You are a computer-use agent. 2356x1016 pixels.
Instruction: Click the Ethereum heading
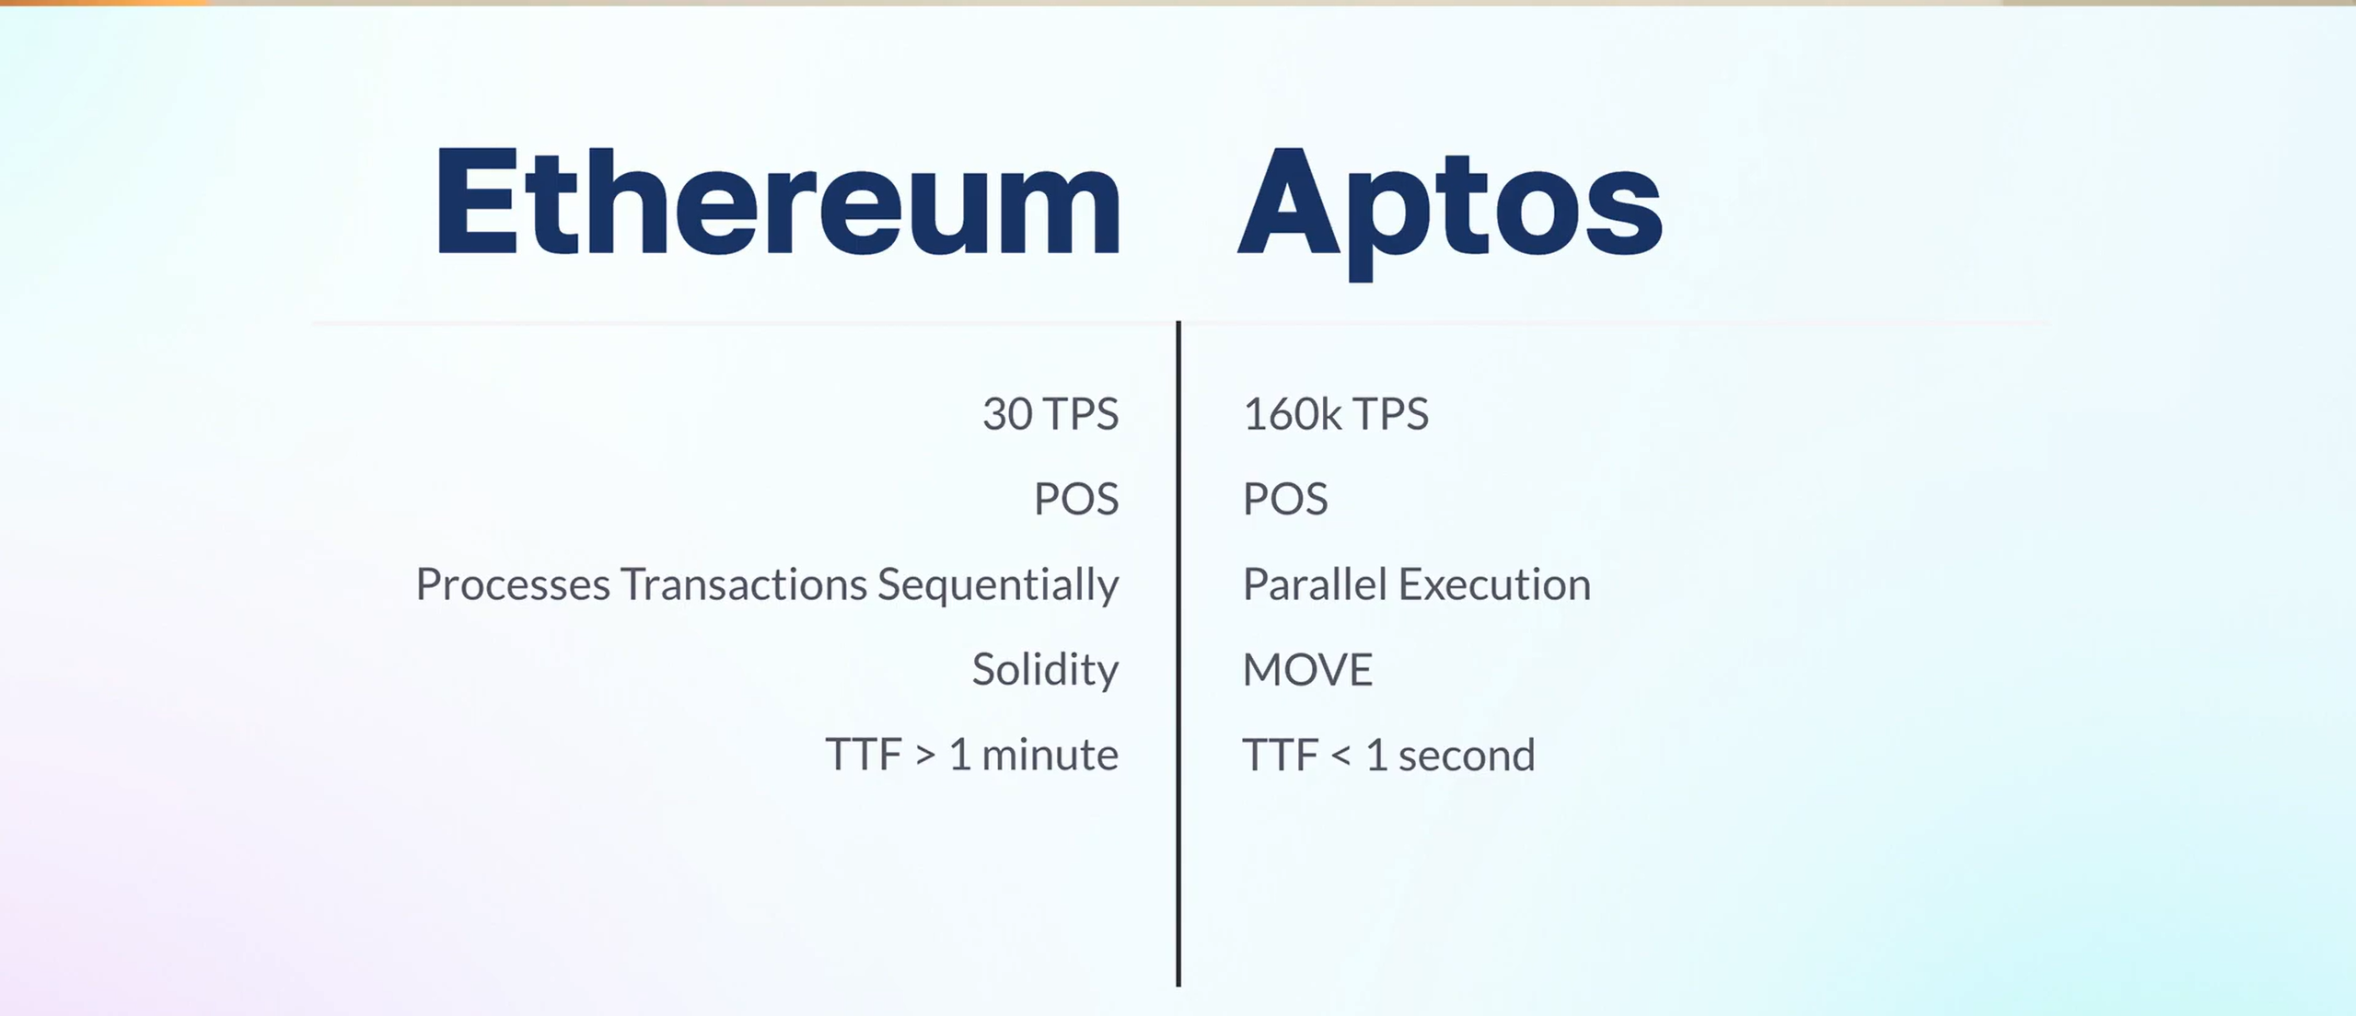(x=778, y=200)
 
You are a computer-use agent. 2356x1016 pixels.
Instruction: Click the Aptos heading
(x=1450, y=212)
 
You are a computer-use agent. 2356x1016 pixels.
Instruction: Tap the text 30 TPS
(x=1050, y=414)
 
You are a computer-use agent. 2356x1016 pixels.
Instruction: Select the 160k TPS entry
(x=1336, y=414)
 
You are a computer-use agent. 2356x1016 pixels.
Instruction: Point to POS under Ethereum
(x=1076, y=499)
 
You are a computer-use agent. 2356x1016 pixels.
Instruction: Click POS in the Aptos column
(x=1285, y=499)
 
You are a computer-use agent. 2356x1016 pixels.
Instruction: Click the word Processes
(x=513, y=584)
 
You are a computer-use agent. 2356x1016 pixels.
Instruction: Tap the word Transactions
(x=744, y=584)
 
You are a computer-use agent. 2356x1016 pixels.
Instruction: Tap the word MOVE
(x=1307, y=669)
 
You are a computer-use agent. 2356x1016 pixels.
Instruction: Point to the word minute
(x=1050, y=755)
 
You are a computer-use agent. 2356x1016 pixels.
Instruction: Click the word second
(x=1467, y=755)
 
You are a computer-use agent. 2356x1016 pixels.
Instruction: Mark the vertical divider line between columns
(x=1178, y=654)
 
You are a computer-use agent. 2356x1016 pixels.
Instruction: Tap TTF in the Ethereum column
(x=864, y=755)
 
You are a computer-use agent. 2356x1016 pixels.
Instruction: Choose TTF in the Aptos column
(x=1281, y=755)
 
